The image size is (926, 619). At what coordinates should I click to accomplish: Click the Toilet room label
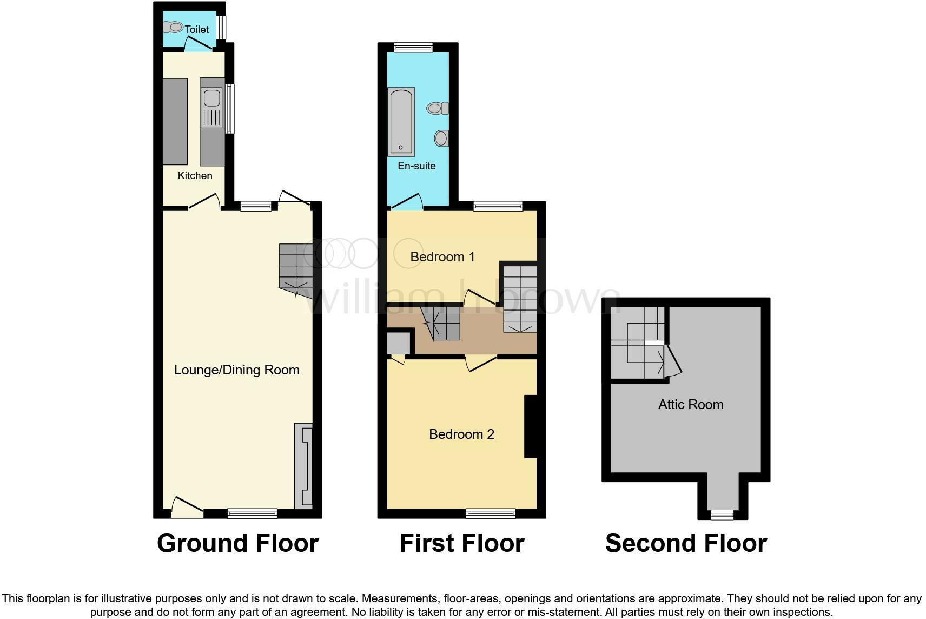point(197,29)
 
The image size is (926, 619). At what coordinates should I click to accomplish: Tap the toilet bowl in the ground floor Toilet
point(174,27)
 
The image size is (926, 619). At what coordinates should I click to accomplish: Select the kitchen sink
point(212,98)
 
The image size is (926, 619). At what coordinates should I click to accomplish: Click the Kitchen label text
point(195,175)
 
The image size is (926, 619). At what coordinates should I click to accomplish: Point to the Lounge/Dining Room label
point(236,370)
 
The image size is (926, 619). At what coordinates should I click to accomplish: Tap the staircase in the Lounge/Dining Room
point(295,268)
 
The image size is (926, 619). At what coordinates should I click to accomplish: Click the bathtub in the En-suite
point(401,122)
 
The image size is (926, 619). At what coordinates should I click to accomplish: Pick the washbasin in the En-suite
point(441,139)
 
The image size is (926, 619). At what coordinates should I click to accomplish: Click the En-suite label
point(416,166)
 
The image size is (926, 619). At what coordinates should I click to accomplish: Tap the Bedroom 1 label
point(442,256)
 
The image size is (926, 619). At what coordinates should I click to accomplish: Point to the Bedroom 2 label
point(461,434)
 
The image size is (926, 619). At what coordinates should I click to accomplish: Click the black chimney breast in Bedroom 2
point(530,427)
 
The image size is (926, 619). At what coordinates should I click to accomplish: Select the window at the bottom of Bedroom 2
point(491,513)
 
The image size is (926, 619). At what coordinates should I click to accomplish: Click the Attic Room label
point(690,404)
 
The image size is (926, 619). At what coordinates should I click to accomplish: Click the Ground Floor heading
point(237,543)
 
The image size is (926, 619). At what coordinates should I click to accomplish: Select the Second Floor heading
point(686,543)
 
